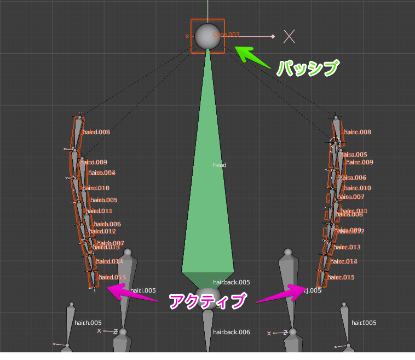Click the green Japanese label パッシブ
pos(308,68)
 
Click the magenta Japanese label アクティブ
pos(206,301)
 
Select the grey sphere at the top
pos(208,36)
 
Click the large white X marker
pos(289,36)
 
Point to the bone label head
pos(219,165)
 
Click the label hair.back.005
pos(231,282)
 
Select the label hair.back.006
pos(231,332)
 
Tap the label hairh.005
pos(88,323)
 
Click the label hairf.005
pos(364,323)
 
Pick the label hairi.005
pos(143,290)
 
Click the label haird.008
pos(96,132)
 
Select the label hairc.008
pos(358,132)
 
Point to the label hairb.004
pos(102,173)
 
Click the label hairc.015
pos(342,277)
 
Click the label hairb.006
pos(107,224)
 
